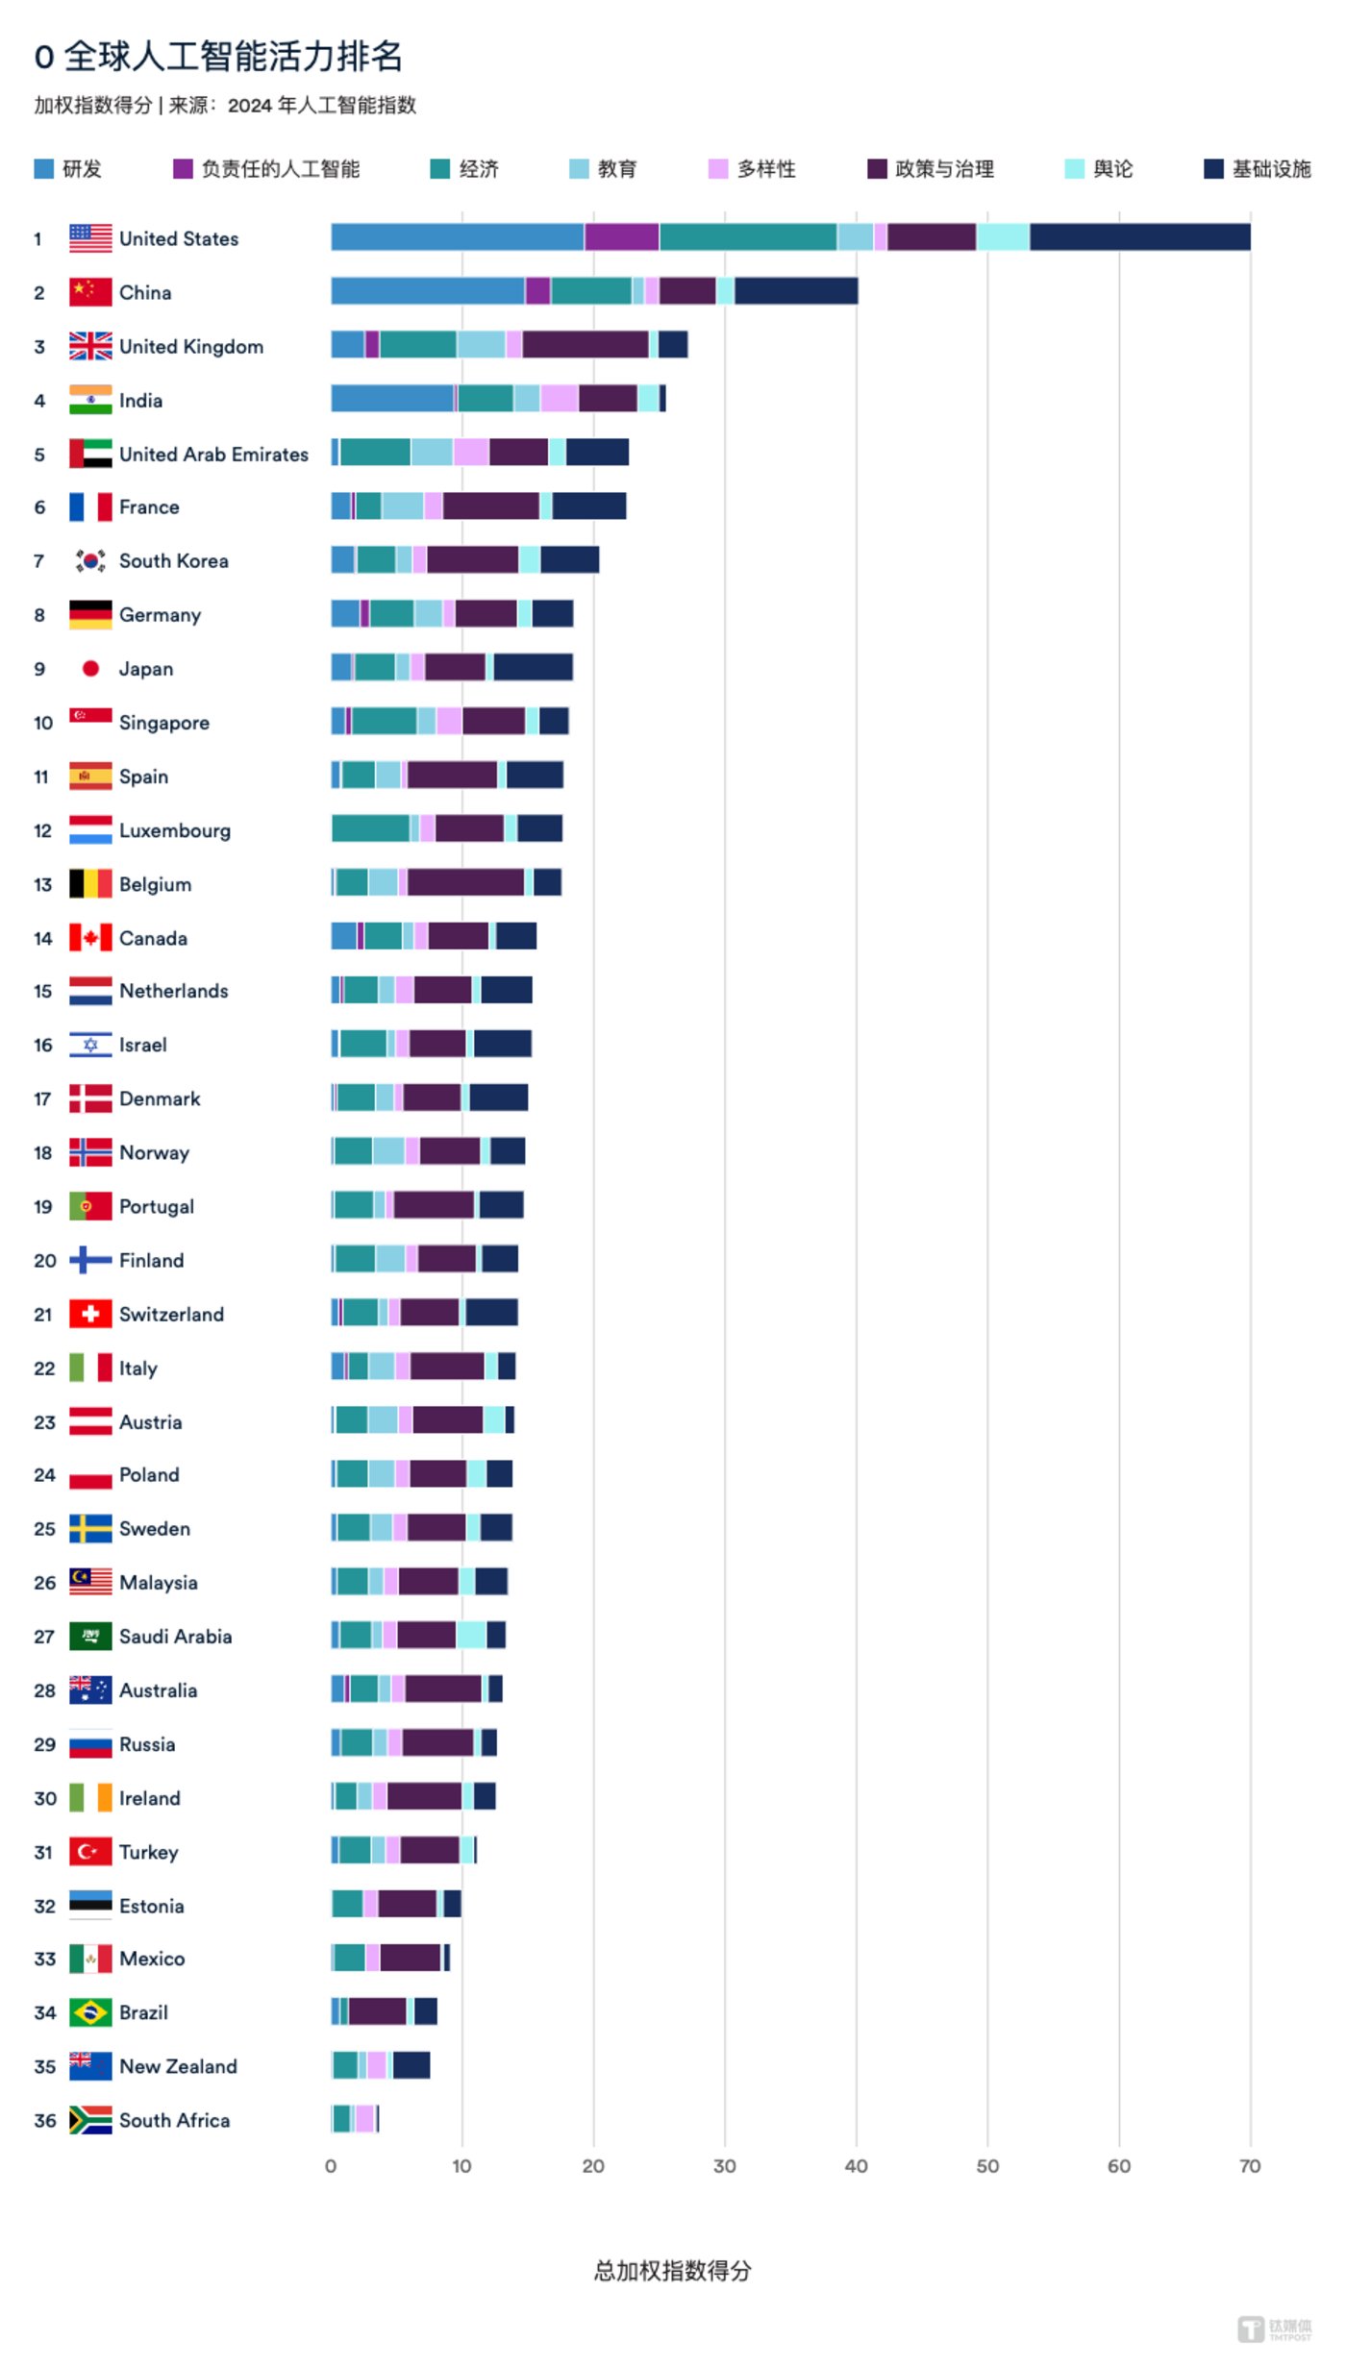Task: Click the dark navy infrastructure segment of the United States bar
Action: (x=1139, y=237)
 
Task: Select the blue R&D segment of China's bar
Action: (x=428, y=291)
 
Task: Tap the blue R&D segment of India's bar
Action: (x=392, y=399)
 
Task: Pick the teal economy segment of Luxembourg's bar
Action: (x=371, y=828)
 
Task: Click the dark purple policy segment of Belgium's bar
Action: (x=465, y=882)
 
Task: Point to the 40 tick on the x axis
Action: (x=856, y=2166)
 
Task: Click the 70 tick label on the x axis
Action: (x=1249, y=2166)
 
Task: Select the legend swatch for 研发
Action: (x=43, y=169)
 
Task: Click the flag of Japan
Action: (x=90, y=669)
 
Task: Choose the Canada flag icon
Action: (x=90, y=938)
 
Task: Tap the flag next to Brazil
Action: (x=90, y=2012)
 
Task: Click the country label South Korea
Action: (x=173, y=561)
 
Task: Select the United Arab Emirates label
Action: (x=213, y=454)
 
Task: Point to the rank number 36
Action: (x=45, y=2120)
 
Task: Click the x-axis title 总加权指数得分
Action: (x=672, y=2271)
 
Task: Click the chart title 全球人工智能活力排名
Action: (x=233, y=57)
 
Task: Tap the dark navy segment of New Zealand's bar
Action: (x=411, y=2064)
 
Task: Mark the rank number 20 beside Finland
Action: (x=45, y=1260)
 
